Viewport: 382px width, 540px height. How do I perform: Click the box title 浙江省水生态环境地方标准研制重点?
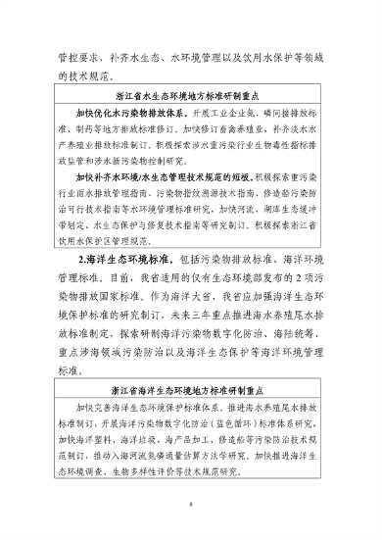(x=192, y=96)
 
